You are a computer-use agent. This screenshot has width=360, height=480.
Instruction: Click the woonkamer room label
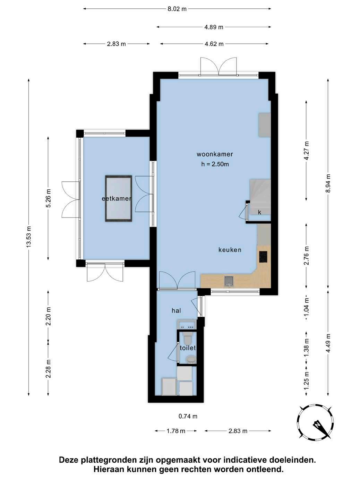(215, 154)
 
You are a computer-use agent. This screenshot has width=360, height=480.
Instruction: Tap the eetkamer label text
(117, 199)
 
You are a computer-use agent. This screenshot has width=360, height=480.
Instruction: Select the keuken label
(230, 250)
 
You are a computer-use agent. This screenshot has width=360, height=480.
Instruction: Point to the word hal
(176, 310)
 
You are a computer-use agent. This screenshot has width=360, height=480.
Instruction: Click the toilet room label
(188, 348)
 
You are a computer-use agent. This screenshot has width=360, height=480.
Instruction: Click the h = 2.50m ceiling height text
(215, 164)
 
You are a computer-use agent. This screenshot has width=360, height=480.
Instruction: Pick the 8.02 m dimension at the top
(177, 9)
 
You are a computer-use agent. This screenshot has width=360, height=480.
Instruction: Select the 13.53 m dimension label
(29, 237)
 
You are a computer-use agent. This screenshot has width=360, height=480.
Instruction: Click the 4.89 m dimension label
(214, 27)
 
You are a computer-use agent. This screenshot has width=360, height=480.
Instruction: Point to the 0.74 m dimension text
(188, 416)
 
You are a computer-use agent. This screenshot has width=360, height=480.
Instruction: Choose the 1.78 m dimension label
(176, 431)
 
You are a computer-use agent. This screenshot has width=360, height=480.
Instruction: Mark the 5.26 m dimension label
(48, 198)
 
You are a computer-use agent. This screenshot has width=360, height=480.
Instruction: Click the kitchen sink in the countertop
(229, 281)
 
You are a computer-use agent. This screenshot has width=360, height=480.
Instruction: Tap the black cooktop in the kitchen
(263, 257)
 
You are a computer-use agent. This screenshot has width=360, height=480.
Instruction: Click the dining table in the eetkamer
(119, 199)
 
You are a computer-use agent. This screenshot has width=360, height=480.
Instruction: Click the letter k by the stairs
(259, 212)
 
